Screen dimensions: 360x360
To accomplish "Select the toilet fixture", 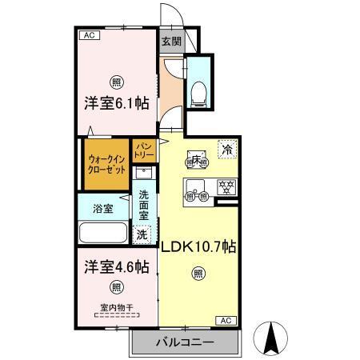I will pyautogui.click(x=200, y=90).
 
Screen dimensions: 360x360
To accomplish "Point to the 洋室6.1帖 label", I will pyautogui.click(x=117, y=103).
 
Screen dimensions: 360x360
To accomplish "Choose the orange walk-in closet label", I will pyautogui.click(x=106, y=166).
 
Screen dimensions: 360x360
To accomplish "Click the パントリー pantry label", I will pyautogui.click(x=144, y=150).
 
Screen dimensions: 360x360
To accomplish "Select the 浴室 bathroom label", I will pyautogui.click(x=102, y=208).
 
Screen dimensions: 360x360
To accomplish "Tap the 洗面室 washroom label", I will pyautogui.click(x=144, y=206).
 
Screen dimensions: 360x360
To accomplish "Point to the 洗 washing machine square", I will pyautogui.click(x=142, y=234).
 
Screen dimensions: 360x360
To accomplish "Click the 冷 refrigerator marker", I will pyautogui.click(x=228, y=149).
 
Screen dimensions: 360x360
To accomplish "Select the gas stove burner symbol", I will pyautogui.click(x=227, y=188).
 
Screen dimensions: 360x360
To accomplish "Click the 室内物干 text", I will pyautogui.click(x=117, y=307).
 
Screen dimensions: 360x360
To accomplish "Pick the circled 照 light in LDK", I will pyautogui.click(x=198, y=274).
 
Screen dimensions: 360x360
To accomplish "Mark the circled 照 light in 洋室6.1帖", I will pyautogui.click(x=117, y=82).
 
